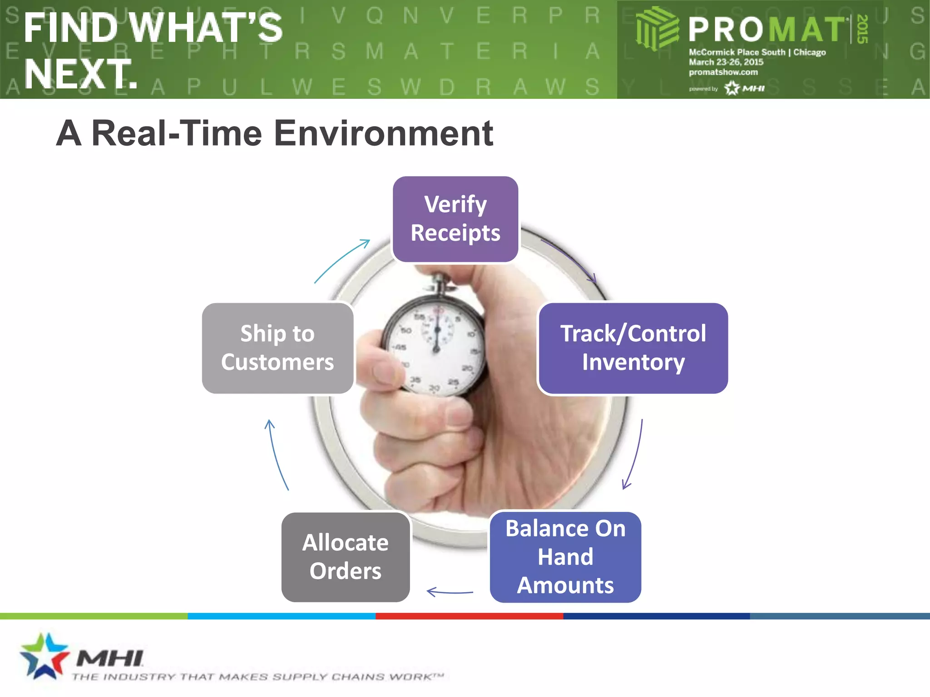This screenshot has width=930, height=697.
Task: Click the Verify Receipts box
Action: (455, 219)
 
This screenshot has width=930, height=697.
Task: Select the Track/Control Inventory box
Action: (633, 348)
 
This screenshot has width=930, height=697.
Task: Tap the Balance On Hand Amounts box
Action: (565, 557)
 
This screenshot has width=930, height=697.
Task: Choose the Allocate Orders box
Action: (346, 557)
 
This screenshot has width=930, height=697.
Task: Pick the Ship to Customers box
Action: (277, 348)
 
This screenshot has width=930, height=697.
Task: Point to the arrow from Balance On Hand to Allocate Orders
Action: (450, 592)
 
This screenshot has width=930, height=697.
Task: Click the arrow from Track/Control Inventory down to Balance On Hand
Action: (634, 454)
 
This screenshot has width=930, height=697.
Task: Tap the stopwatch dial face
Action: (434, 347)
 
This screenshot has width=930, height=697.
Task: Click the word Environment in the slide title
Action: (384, 133)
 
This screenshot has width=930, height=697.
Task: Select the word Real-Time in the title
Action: (177, 133)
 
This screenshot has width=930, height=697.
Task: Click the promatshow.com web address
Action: (723, 72)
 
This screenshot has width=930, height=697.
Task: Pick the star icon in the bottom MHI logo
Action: (43, 656)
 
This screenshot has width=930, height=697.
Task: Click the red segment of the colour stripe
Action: (469, 616)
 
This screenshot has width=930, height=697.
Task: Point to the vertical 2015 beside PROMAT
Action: (862, 29)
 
